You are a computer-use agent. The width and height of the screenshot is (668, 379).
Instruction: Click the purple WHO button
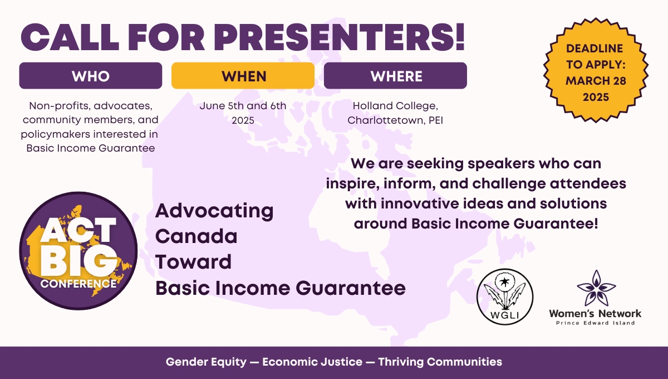click(91, 76)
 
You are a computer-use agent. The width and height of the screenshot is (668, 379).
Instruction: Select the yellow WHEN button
click(243, 76)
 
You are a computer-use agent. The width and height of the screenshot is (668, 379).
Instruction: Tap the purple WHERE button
click(395, 76)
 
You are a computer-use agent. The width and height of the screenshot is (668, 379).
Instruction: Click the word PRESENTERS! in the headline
click(340, 37)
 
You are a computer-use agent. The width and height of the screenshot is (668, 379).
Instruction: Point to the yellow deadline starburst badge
click(596, 70)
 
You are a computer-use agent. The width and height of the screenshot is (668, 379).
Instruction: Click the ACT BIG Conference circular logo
click(78, 251)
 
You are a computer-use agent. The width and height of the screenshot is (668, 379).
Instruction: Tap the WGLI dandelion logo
click(505, 297)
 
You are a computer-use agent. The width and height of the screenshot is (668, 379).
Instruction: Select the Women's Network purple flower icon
click(596, 288)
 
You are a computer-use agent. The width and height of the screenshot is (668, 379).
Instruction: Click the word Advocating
click(214, 211)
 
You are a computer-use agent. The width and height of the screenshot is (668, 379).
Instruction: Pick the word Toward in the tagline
click(193, 262)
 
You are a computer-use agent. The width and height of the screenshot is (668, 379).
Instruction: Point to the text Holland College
click(395, 106)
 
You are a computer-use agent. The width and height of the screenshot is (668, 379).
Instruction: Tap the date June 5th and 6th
click(243, 106)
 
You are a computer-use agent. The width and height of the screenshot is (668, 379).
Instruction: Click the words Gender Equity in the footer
click(206, 362)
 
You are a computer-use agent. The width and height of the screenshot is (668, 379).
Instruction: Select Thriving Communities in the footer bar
click(440, 362)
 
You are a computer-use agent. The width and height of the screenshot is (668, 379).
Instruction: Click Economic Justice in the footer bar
click(312, 362)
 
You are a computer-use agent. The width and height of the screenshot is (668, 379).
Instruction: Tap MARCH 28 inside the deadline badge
click(596, 81)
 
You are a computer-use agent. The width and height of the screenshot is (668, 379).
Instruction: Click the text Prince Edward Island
click(596, 323)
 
